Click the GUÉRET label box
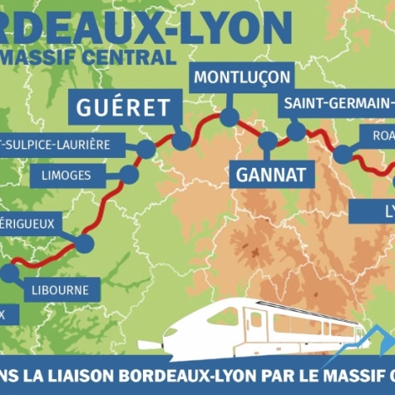coord(124,108)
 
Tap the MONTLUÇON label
coord(242,77)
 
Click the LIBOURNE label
coord(60,291)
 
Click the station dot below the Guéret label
coord(182,140)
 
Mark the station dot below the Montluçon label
coord(229,117)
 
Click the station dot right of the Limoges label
coord(129,174)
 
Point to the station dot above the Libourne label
coord(9,272)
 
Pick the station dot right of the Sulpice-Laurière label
coord(146,150)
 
